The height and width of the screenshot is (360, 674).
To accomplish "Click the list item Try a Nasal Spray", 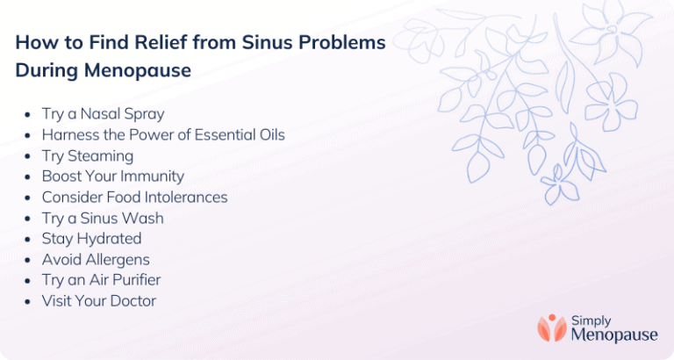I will (103, 114).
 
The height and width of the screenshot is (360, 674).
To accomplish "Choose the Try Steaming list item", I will (88, 155).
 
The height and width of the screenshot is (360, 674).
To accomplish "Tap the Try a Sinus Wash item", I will (103, 218).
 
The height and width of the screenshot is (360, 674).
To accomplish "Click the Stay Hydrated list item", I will (91, 239).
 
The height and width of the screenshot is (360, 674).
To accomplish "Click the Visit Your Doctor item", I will (99, 301).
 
